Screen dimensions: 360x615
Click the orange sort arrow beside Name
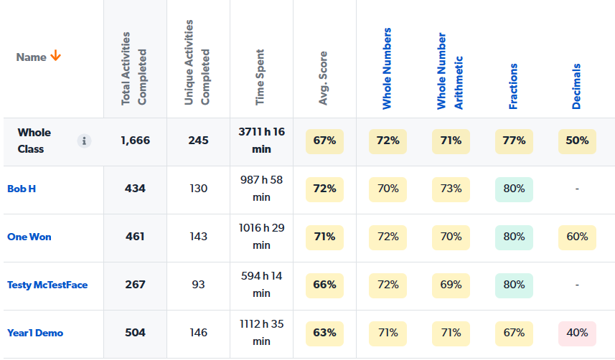[55, 57]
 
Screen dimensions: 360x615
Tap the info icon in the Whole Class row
[85, 141]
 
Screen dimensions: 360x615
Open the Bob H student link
[22, 189]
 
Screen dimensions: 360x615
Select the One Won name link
[29, 237]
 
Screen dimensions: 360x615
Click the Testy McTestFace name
[47, 285]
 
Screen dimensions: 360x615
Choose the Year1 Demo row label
[35, 333]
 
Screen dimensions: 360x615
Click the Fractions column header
[514, 86]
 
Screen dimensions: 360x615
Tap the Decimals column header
[577, 86]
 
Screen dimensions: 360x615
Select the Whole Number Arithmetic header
[451, 72]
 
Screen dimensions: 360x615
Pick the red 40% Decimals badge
[577, 333]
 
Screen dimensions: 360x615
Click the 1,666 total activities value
[135, 141]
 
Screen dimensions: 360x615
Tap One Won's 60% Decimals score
[577, 237]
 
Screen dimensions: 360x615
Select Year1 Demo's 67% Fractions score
[514, 333]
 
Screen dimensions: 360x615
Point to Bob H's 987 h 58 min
[261, 189]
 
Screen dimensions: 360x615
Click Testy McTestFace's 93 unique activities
[198, 285]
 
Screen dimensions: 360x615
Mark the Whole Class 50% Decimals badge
[577, 141]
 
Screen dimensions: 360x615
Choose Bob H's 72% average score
[324, 189]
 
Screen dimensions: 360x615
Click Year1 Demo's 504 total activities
[135, 333]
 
